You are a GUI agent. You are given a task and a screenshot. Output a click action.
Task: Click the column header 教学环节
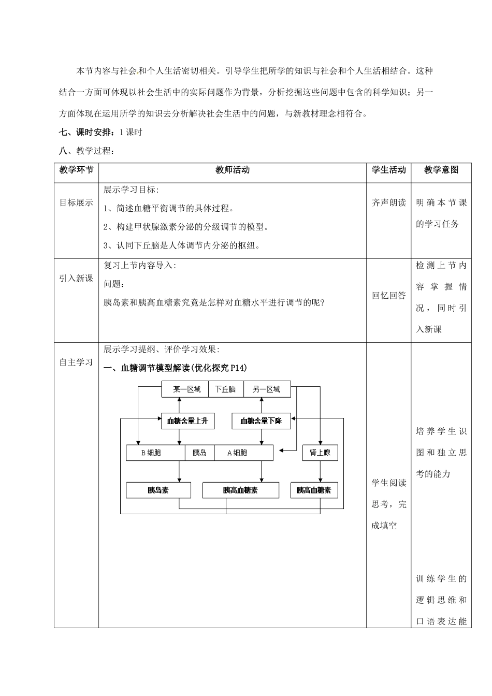click(76, 170)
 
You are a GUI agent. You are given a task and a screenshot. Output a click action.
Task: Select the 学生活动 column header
click(389, 170)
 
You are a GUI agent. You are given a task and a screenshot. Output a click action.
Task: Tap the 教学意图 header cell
click(441, 170)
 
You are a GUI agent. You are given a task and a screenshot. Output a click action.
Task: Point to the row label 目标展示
click(76, 203)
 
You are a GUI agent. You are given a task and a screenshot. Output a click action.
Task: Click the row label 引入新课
click(76, 279)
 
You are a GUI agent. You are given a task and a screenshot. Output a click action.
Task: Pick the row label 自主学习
click(76, 363)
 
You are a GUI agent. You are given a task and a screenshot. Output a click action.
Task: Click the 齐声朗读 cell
click(389, 203)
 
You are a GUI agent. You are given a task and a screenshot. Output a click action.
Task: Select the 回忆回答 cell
click(389, 296)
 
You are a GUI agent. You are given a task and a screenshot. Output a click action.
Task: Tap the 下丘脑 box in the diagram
click(226, 389)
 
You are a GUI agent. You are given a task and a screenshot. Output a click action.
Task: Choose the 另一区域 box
click(266, 389)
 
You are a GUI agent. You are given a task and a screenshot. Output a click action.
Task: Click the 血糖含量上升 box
click(187, 421)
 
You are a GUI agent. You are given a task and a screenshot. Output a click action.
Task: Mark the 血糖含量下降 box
click(261, 421)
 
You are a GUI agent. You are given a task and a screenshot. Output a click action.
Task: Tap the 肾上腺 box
click(320, 453)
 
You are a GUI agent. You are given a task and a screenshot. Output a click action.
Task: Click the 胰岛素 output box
click(158, 490)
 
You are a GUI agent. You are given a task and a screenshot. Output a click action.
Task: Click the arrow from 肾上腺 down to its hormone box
click(320, 471)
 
